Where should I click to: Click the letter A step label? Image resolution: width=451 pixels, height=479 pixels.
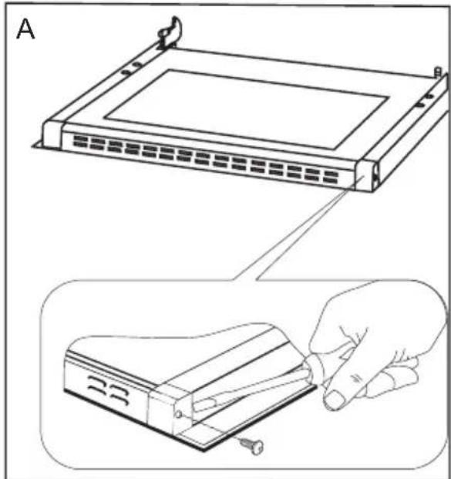pos(25,29)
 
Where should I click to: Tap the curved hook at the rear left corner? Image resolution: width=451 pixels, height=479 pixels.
pos(170,32)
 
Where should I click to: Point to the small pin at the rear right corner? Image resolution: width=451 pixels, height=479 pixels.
pos(438,72)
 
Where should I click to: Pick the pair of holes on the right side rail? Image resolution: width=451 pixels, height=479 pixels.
pos(425,101)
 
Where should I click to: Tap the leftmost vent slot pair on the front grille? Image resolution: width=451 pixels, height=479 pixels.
pos(80,141)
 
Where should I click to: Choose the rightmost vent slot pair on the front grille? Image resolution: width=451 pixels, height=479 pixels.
pos(331,177)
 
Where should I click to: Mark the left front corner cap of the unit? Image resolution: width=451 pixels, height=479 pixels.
pos(52,135)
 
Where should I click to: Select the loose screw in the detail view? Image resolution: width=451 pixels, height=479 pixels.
pos(251,445)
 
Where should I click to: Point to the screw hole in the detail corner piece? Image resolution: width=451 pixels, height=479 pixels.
pos(179,414)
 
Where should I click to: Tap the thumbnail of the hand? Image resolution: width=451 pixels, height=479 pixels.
pos(334,400)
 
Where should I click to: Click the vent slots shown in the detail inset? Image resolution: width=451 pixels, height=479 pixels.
pos(109,390)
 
